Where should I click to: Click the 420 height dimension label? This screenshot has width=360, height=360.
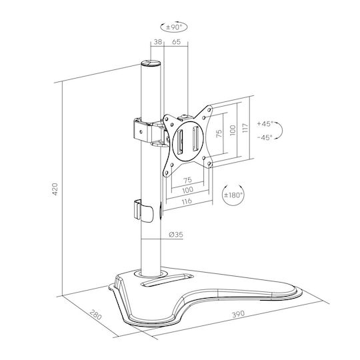(55, 189)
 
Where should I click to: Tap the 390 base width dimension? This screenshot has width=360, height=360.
(238, 314)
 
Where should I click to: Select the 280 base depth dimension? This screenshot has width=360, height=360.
(95, 315)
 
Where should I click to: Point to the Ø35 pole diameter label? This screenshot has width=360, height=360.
(176, 235)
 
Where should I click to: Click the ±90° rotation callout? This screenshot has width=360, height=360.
(174, 27)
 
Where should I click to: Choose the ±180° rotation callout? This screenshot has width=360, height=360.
(233, 195)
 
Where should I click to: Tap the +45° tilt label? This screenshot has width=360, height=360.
(265, 124)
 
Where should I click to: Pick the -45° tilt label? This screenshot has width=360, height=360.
(265, 137)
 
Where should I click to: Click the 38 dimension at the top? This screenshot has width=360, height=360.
(158, 42)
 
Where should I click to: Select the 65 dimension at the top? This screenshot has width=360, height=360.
(176, 42)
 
